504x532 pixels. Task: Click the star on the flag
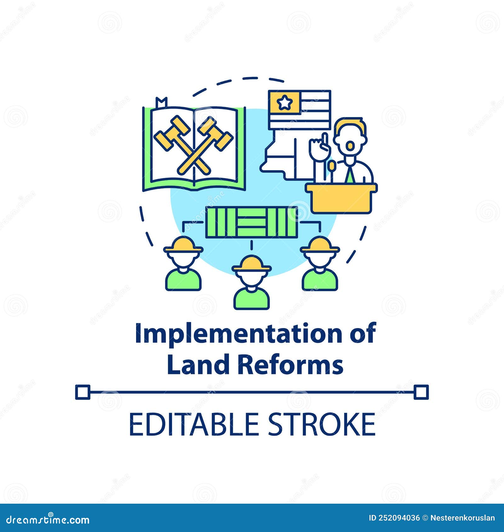284,102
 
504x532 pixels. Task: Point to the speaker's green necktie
350,174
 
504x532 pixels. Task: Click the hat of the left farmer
183,245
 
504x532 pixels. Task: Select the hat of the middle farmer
251,264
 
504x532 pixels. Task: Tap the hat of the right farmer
320,245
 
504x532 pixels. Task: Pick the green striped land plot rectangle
251,222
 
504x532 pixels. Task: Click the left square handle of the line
83,392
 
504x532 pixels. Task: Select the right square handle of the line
421,392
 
